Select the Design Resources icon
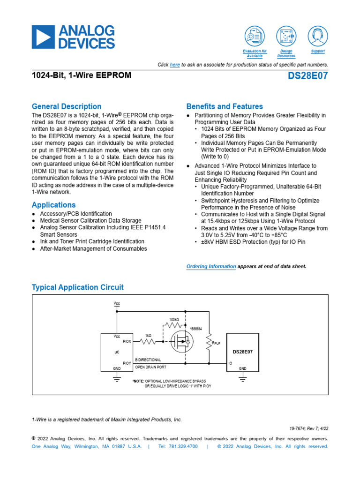[286, 36]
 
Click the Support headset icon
[318, 36]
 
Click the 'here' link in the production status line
[174, 65]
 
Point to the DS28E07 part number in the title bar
[308, 76]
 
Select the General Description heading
[66, 106]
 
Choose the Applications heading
[53, 205]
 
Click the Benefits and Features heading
[225, 106]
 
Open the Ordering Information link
[211, 266]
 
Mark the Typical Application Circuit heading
[77, 287]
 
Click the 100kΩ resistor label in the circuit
[174, 319]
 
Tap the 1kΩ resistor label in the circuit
[148, 336]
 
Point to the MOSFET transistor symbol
[181, 342]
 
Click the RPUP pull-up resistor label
[217, 343]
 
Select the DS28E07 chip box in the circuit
[243, 352]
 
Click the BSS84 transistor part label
[195, 329]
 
